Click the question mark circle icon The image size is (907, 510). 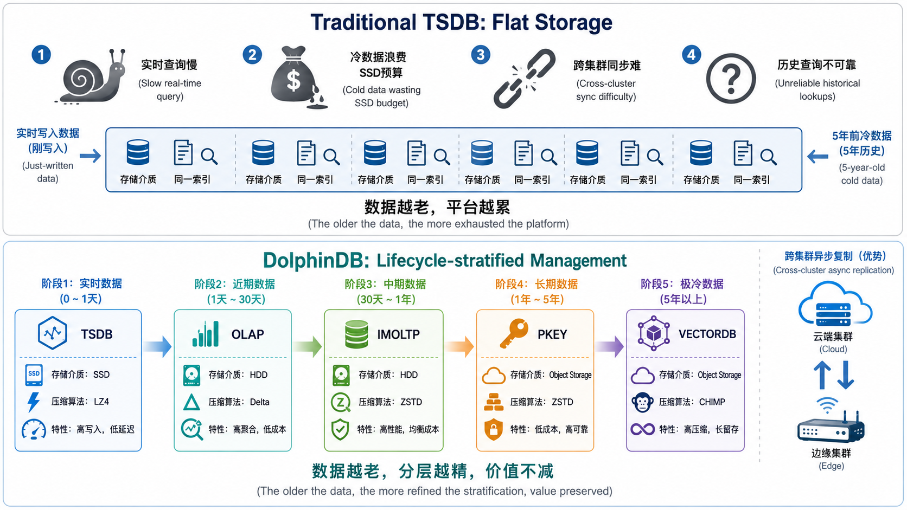[731, 79]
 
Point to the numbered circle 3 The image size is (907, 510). [481, 55]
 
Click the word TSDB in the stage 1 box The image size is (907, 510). [97, 334]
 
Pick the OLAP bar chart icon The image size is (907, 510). [206, 334]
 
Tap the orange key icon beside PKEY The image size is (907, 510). [514, 333]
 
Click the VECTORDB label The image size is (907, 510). [707, 334]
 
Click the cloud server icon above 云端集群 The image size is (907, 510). [835, 304]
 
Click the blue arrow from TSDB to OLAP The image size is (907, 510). [157, 346]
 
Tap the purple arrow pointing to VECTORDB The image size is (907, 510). [609, 346]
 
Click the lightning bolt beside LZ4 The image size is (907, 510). [33, 402]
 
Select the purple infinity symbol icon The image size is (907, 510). [643, 429]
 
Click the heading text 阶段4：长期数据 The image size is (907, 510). [536, 285]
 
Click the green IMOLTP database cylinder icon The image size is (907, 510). [356, 334]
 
